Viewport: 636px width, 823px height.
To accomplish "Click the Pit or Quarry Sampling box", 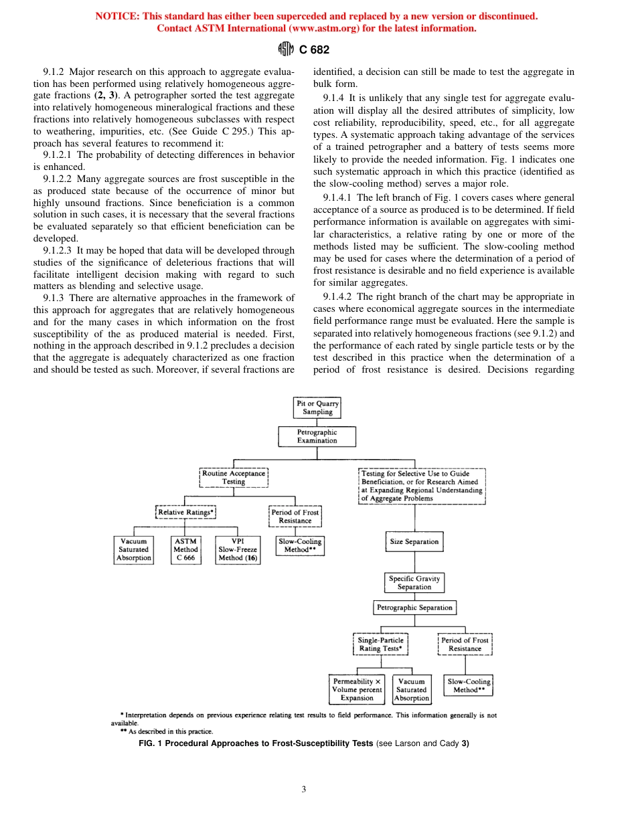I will point(317,408).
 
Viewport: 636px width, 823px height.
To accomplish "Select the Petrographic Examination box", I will point(317,436).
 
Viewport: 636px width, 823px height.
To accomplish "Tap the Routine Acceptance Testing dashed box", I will point(234,477).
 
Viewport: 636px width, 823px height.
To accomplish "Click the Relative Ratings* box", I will point(185,513).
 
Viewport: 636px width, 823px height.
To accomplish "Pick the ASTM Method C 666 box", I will point(185,549).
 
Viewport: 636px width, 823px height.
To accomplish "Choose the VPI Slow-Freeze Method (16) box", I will point(238,549).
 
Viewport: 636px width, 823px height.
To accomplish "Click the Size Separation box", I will point(414,541).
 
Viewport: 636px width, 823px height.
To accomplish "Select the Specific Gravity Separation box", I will point(414,583).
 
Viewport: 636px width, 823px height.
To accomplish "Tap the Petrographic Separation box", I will point(414,608).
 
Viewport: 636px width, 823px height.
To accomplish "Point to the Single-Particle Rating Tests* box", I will point(380,644).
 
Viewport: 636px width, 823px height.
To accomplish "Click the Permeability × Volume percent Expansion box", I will point(357,689).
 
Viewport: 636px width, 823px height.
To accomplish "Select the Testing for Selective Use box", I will point(422,486).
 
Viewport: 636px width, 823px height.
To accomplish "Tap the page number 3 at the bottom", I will point(303,790).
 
